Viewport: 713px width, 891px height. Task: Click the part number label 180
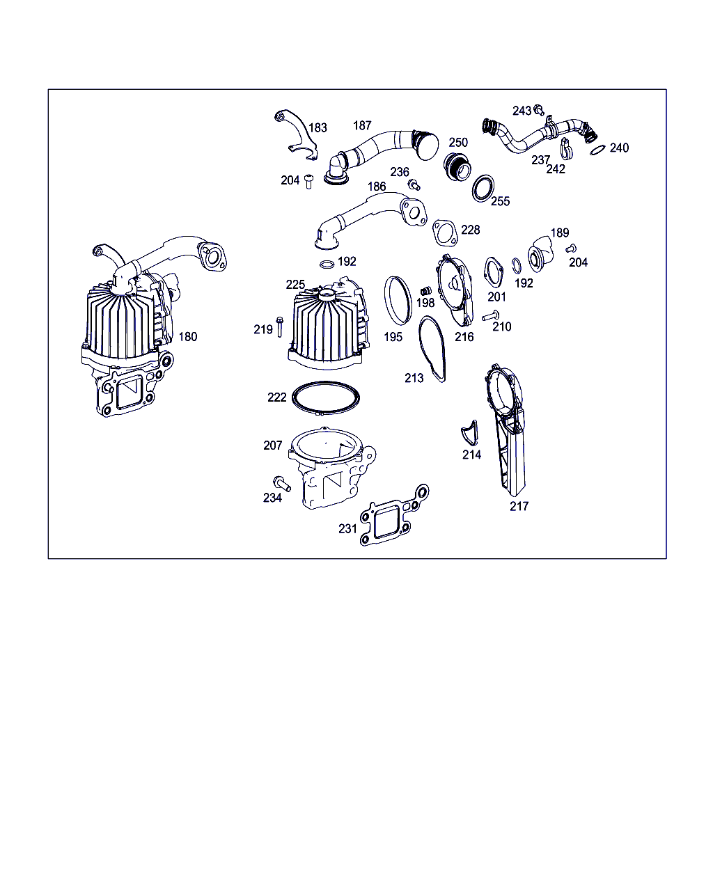click(x=188, y=337)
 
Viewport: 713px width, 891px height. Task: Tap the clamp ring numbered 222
click(x=326, y=398)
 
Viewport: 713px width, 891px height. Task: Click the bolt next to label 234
click(x=282, y=483)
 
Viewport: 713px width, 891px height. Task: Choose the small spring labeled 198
click(x=426, y=291)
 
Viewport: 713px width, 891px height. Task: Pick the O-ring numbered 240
click(x=597, y=150)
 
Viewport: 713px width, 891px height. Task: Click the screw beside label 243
click(x=539, y=110)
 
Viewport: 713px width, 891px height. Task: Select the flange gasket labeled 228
click(x=446, y=232)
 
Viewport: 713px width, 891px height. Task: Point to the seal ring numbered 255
click(x=483, y=189)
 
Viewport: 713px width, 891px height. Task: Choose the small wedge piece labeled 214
click(x=470, y=433)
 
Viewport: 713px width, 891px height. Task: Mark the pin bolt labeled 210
click(x=490, y=316)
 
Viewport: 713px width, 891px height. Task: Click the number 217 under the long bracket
click(x=519, y=506)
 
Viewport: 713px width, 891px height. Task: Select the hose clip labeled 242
click(x=566, y=148)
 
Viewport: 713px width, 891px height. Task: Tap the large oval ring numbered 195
click(x=398, y=300)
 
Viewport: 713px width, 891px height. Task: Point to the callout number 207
click(x=273, y=445)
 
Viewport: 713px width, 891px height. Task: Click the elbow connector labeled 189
click(x=540, y=253)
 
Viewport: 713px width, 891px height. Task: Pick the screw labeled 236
click(x=414, y=184)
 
